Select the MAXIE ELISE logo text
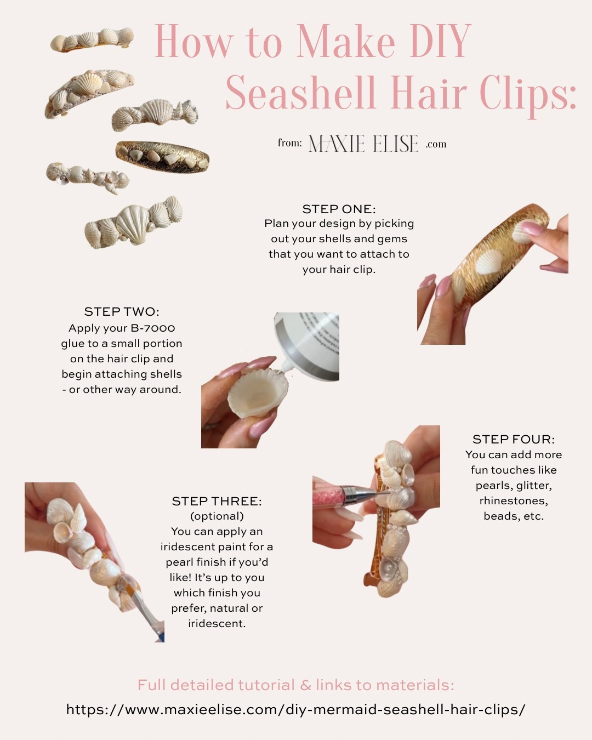tap(363, 144)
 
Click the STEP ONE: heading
tap(339, 209)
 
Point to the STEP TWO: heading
tap(122, 311)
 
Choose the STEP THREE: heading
tap(217, 501)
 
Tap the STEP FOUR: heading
tap(514, 439)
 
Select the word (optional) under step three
tap(217, 516)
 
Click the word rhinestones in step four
tap(514, 500)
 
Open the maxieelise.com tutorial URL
tap(295, 709)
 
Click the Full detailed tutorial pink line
tap(295, 685)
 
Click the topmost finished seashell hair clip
tap(92, 40)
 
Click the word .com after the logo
tap(436, 144)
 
